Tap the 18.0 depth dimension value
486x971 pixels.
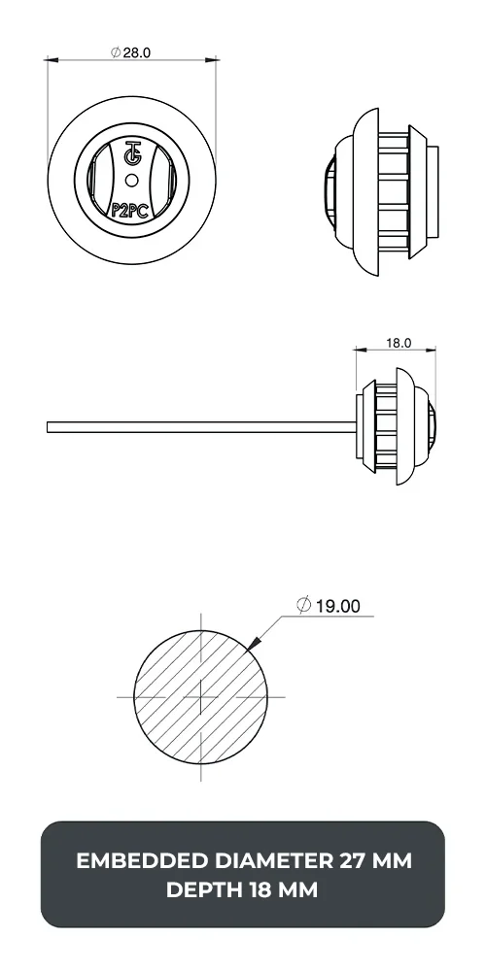point(399,343)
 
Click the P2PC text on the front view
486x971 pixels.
point(130,207)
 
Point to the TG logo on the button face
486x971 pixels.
point(132,154)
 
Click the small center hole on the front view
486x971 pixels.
point(132,178)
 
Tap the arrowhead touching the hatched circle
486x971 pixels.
point(256,642)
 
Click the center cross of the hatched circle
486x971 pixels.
point(200,696)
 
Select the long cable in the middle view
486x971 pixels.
point(194,425)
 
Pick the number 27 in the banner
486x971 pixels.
point(354,860)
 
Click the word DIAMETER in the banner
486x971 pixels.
point(268,860)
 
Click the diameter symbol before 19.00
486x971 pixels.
point(304,606)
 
